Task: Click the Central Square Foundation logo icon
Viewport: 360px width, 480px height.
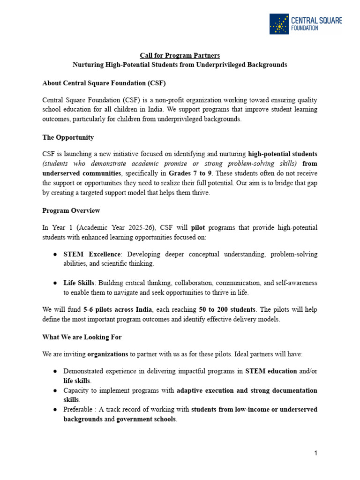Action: [279, 24]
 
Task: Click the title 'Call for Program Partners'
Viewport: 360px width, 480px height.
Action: [180, 56]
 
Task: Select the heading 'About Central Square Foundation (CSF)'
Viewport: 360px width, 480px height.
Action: [104, 83]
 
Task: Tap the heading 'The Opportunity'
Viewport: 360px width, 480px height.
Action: [68, 137]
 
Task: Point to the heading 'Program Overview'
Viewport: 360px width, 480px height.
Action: [71, 210]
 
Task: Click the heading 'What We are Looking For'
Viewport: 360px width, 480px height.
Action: [82, 337]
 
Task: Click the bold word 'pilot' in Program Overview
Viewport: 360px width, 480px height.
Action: [199, 227]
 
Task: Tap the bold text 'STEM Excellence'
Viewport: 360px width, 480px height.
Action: [92, 254]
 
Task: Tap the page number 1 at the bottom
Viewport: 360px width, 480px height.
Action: [316, 453]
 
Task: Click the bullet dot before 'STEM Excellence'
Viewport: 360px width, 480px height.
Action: [55, 254]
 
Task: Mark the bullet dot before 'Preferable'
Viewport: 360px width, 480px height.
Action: [55, 409]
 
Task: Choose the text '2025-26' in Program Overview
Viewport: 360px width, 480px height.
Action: [142, 227]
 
